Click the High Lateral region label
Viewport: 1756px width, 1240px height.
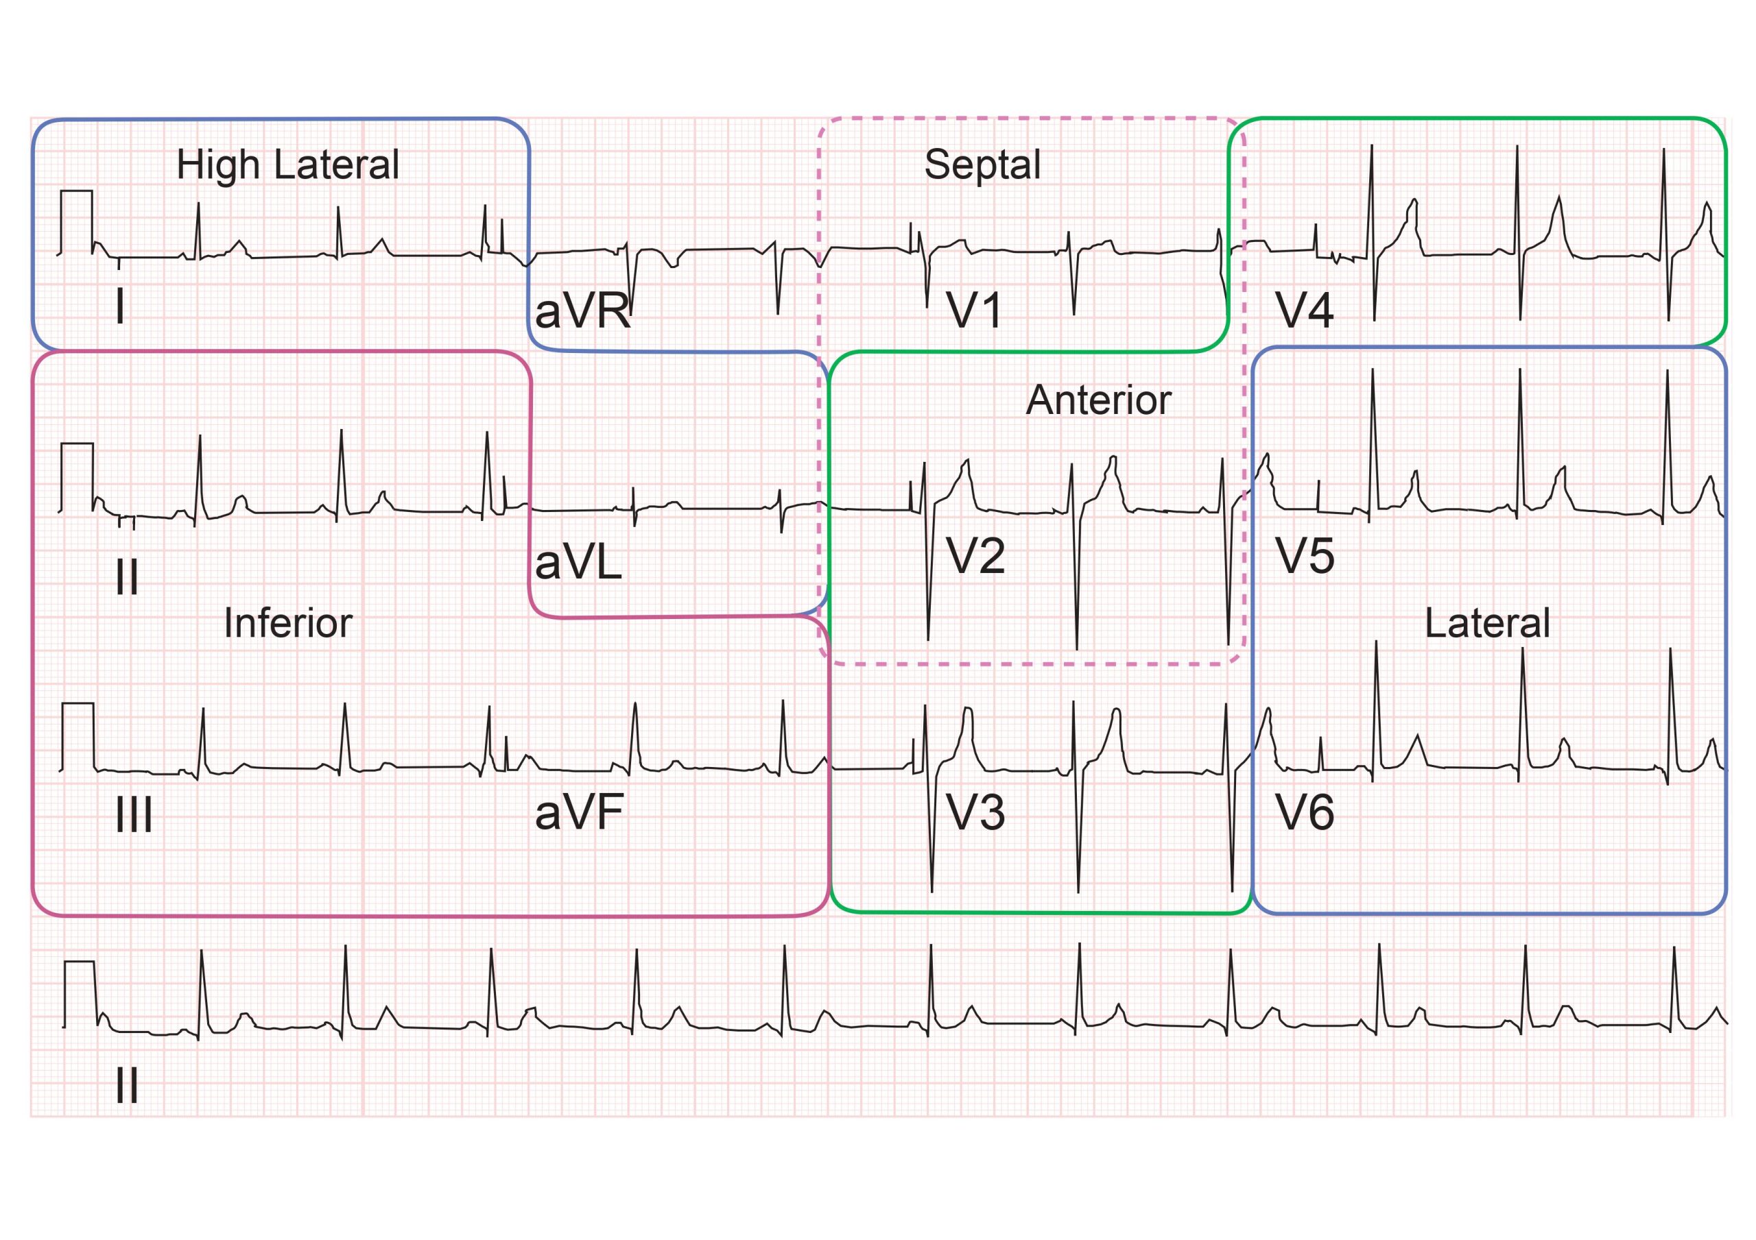287,165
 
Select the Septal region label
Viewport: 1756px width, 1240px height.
982,165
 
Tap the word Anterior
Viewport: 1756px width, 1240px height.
1098,399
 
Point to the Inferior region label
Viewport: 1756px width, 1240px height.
288,623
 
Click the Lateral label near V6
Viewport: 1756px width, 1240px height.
1488,623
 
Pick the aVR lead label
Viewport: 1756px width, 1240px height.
583,311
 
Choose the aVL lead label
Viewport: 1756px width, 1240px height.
578,563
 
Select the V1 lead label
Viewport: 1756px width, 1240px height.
974,311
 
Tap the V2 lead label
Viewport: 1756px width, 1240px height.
975,556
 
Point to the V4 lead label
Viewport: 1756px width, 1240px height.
1305,311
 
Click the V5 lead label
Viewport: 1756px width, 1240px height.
1305,556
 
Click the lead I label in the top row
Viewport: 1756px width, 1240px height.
120,306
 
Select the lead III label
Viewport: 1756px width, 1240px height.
134,815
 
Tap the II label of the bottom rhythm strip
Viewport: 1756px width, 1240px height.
127,1085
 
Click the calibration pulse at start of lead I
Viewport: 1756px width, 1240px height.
76,221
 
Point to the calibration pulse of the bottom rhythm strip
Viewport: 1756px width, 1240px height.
80,995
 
